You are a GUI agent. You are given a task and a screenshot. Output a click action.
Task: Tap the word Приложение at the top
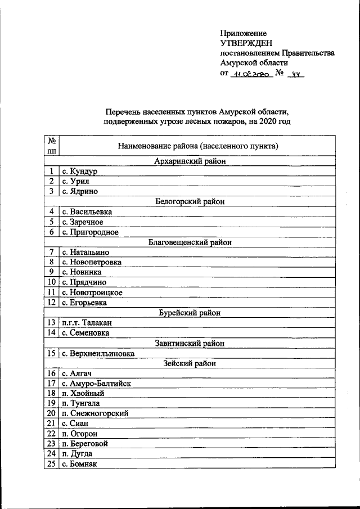coord(243,33)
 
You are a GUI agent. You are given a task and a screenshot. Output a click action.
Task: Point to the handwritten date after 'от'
coord(251,74)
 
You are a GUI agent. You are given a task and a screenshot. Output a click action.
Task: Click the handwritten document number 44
coord(295,74)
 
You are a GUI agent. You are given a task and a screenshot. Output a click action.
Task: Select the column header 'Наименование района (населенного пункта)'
coord(198,146)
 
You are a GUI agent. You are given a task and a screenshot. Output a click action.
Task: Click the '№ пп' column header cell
coord(52,146)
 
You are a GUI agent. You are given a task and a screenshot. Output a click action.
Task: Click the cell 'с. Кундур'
coord(80,172)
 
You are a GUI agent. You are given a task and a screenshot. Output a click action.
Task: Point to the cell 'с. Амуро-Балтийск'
coord(96,383)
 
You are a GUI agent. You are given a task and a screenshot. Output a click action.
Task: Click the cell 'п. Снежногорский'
coord(95,413)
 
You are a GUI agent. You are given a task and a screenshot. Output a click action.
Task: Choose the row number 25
coord(51,464)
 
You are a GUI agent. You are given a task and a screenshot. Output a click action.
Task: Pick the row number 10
coord(51,282)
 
